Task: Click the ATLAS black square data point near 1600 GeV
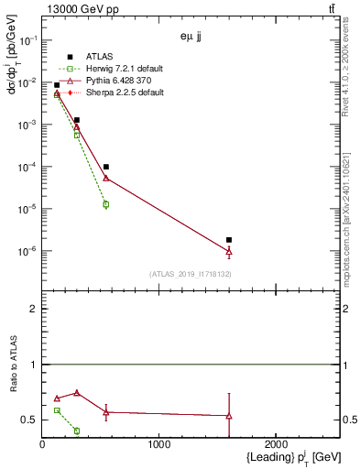pyautogui.click(x=229, y=240)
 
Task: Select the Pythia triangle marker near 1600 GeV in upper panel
pyautogui.click(x=229, y=251)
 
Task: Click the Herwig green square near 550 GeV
pyautogui.click(x=106, y=204)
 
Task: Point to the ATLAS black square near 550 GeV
pyautogui.click(x=106, y=167)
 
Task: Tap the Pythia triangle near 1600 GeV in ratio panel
pyautogui.click(x=229, y=416)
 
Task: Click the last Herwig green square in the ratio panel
pyautogui.click(x=77, y=431)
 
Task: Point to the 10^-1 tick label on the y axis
pyautogui.click(x=27, y=40)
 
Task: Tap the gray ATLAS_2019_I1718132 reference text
pyautogui.click(x=191, y=274)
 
